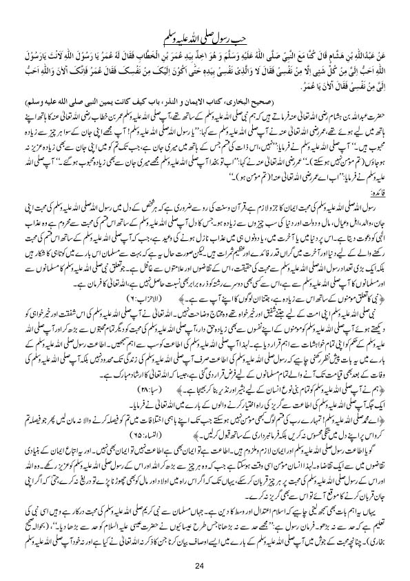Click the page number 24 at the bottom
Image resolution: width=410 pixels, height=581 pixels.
(x=205, y=548)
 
